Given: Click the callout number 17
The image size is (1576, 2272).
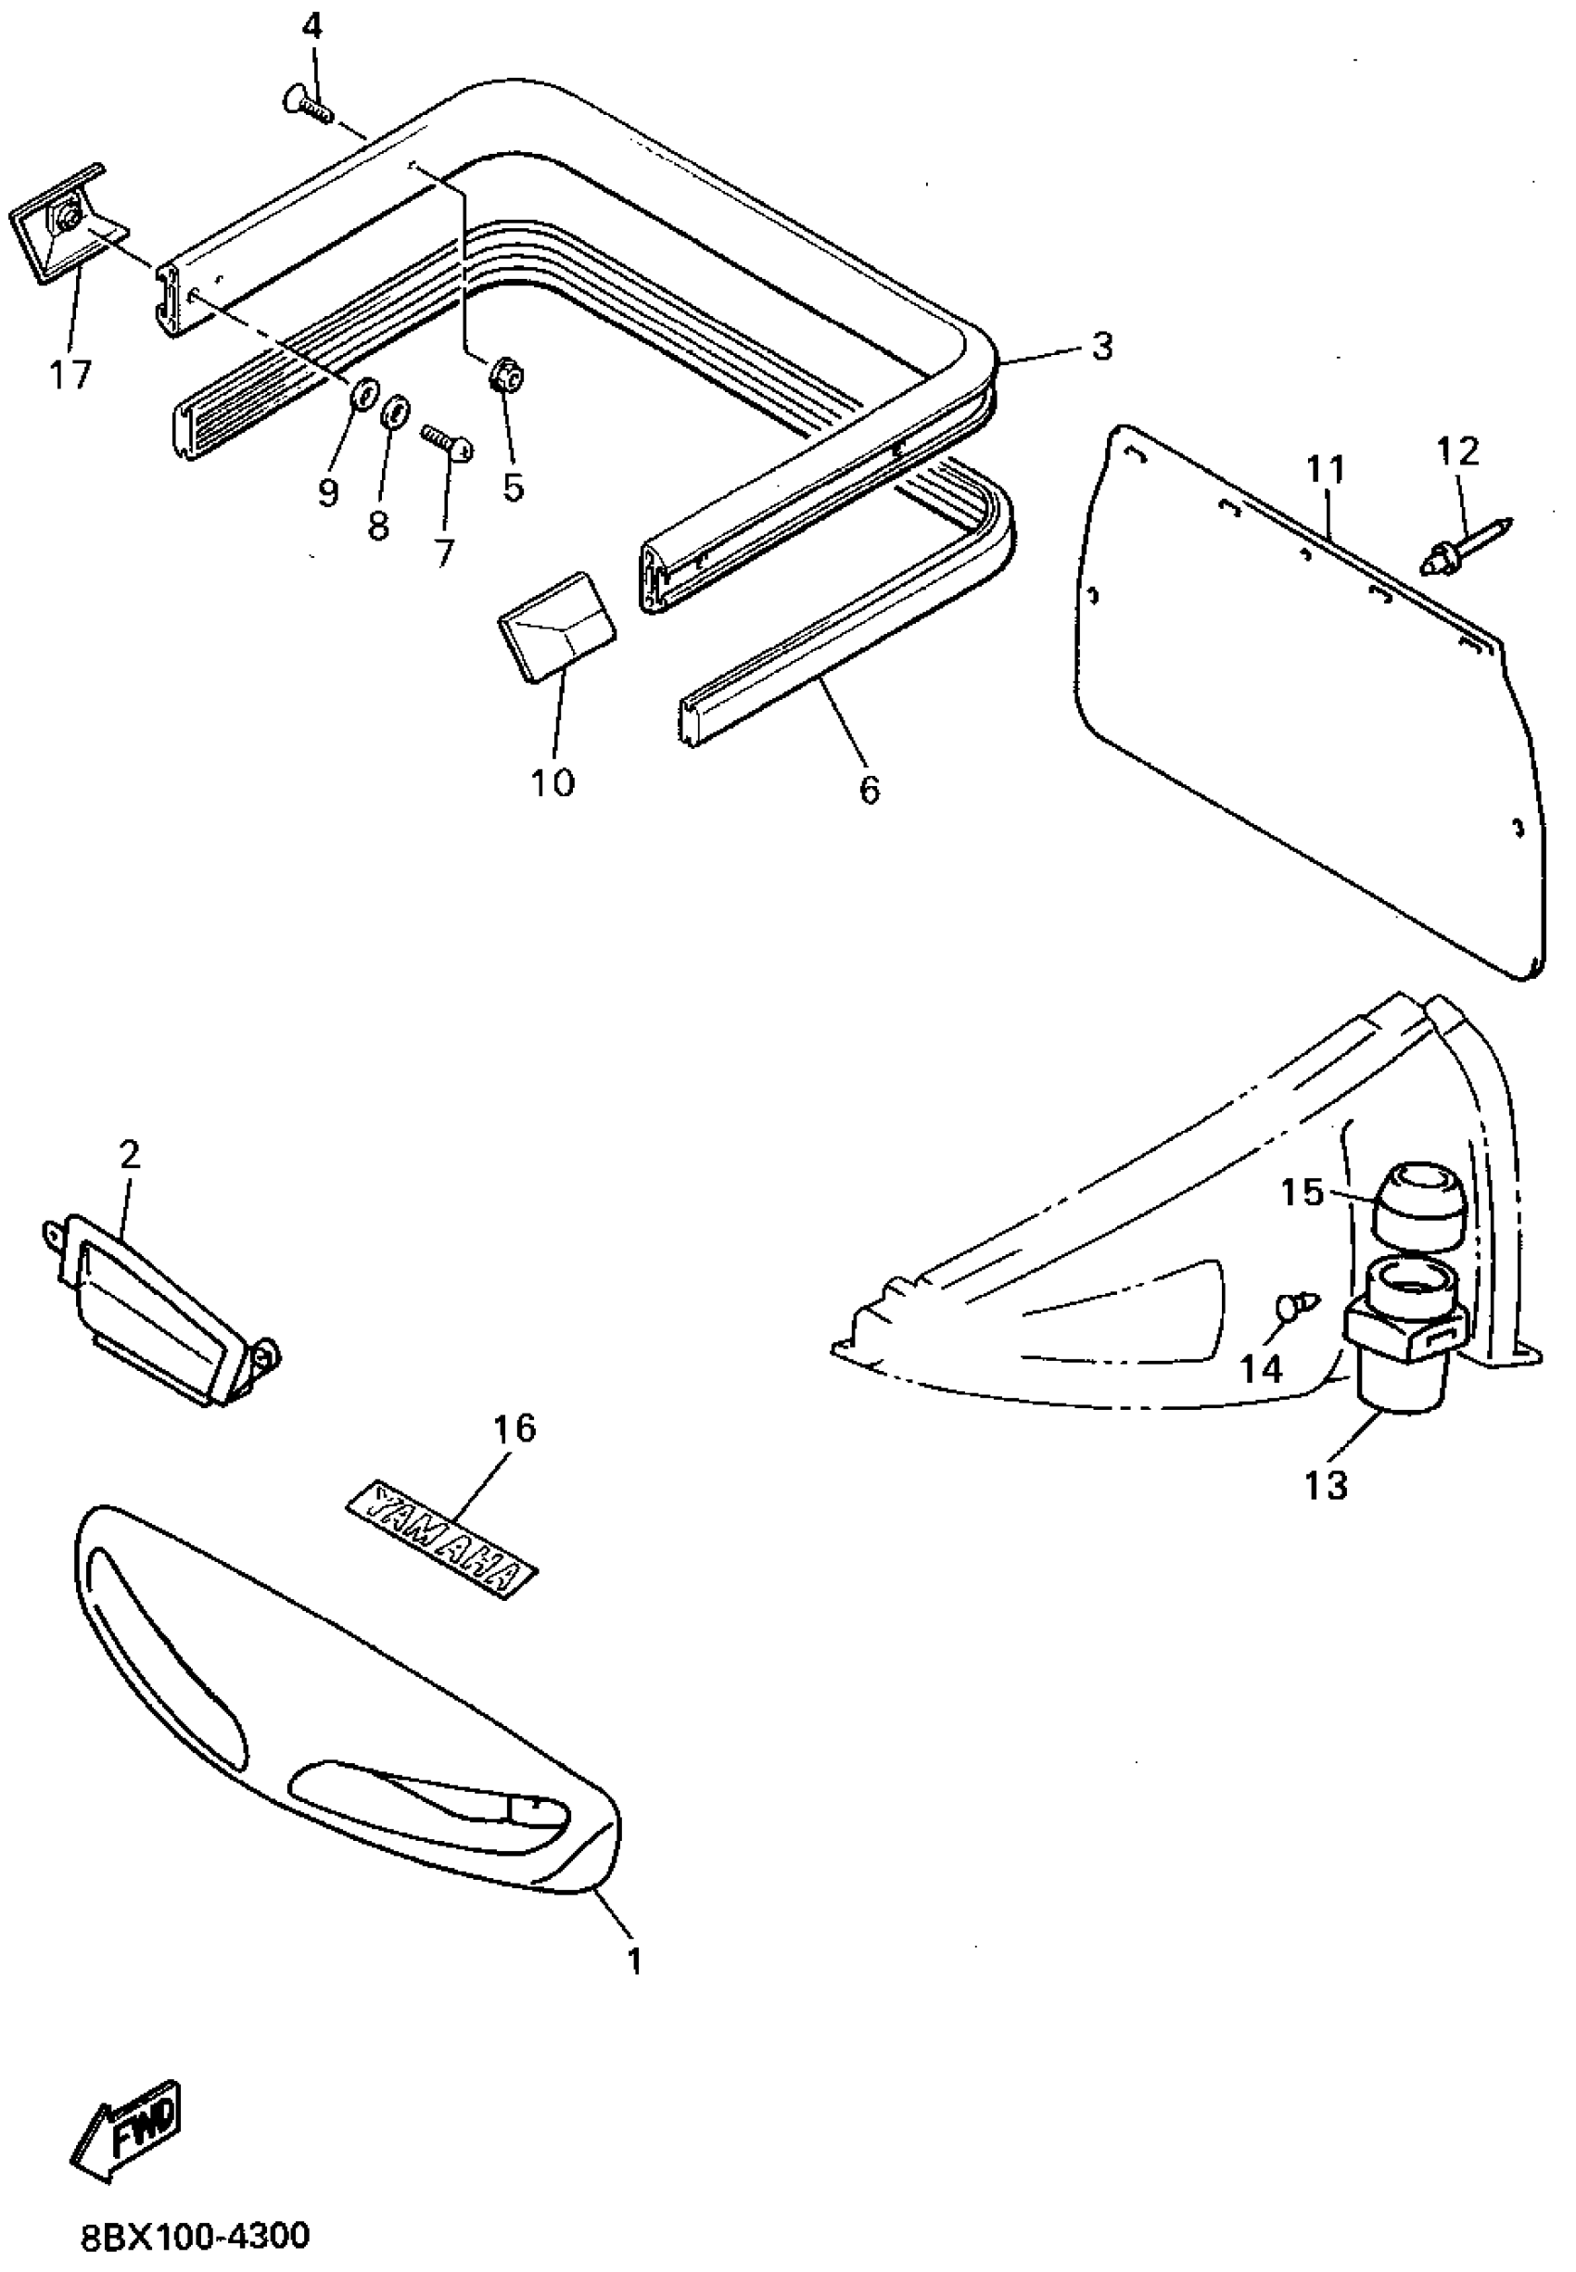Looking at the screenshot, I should tap(71, 374).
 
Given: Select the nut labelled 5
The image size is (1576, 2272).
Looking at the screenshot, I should tap(505, 375).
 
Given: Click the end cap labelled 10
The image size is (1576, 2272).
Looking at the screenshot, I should tap(557, 624).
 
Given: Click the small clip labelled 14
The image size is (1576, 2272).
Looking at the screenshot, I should tap(1295, 1305).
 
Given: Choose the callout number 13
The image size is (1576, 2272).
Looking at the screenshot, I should tap(1325, 1484).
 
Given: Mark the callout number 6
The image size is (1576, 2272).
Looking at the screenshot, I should tap(868, 788).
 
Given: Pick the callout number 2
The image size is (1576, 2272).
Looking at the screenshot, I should tap(130, 1153).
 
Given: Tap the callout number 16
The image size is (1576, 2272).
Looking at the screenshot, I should tap(515, 1427).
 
